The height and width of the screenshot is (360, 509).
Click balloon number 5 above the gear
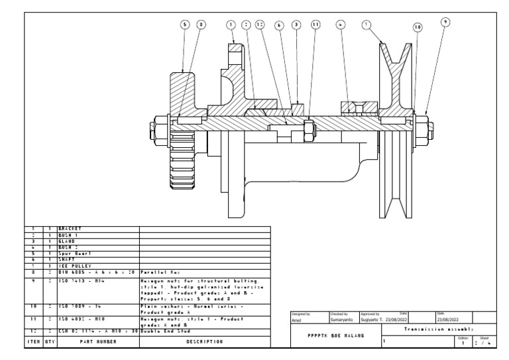185,25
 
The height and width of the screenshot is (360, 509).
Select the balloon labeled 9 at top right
445,21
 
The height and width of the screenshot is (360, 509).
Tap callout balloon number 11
315,25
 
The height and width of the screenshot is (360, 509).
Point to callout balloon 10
417,27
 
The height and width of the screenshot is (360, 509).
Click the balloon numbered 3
296,25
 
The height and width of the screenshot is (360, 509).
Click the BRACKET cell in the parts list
69,228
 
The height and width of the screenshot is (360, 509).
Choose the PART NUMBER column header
97,342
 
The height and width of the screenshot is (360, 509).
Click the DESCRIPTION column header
205,342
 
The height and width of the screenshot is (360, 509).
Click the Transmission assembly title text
437,329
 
